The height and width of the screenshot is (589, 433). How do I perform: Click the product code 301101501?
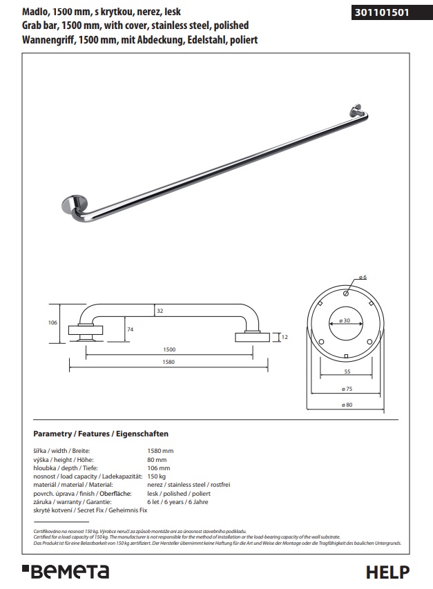(x=381, y=12)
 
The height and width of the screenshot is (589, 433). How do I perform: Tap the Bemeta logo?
(x=66, y=571)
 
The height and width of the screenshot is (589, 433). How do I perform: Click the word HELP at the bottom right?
(x=387, y=572)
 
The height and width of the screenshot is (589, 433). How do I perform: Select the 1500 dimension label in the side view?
(x=169, y=349)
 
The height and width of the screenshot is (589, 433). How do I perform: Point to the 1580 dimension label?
(x=169, y=362)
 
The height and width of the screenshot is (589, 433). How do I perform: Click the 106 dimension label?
(x=52, y=322)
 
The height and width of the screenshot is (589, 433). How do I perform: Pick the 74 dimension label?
(x=131, y=329)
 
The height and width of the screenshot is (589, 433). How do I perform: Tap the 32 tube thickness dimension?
(x=160, y=311)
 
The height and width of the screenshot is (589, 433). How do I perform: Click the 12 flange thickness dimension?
(x=285, y=337)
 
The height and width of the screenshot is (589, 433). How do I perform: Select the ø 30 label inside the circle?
(x=345, y=320)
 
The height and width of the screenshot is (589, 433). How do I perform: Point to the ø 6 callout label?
(x=363, y=277)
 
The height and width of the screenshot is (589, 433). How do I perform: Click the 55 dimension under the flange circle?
(x=347, y=371)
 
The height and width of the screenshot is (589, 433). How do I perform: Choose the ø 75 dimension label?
(x=347, y=389)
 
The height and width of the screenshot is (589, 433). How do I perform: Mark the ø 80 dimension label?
(x=347, y=405)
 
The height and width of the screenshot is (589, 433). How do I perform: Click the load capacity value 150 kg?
(x=157, y=476)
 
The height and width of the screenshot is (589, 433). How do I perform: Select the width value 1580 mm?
(x=160, y=451)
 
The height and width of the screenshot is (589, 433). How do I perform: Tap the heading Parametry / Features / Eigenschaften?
(x=101, y=434)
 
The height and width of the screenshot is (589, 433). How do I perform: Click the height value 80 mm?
(x=157, y=459)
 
